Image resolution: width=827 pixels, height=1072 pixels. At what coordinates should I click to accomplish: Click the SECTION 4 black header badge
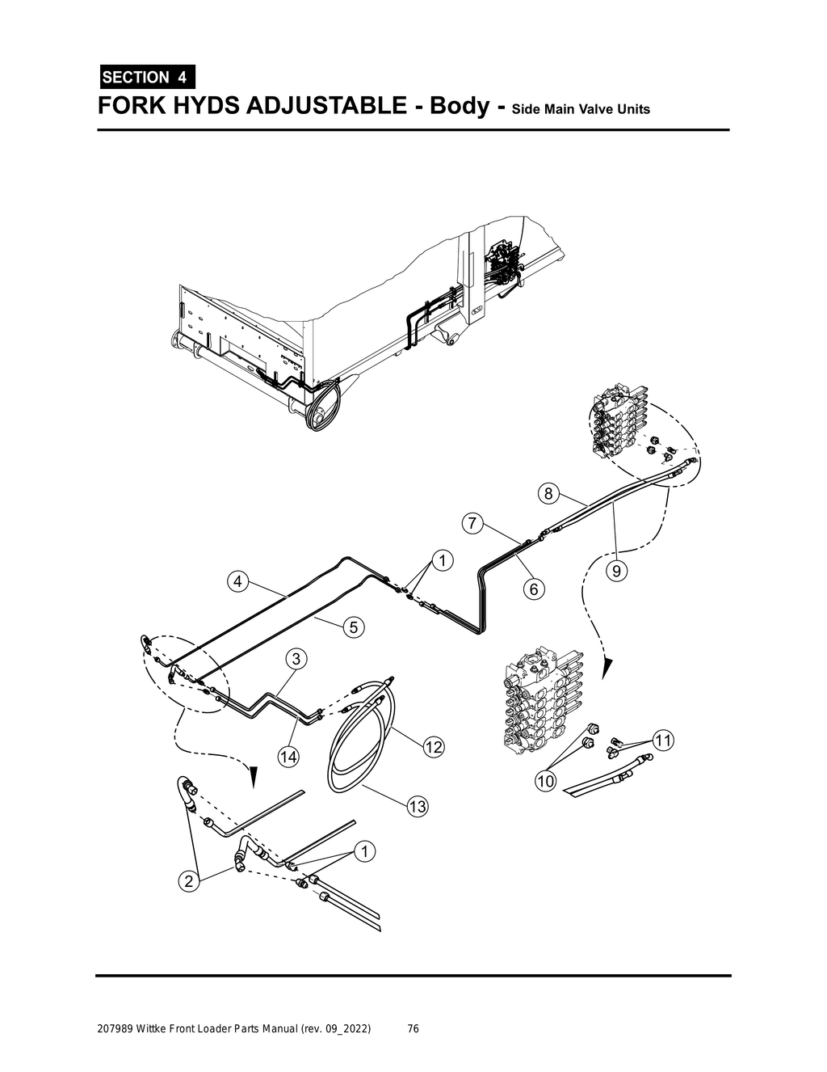[x=146, y=77]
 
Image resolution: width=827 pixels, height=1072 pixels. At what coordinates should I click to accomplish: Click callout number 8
[x=548, y=493]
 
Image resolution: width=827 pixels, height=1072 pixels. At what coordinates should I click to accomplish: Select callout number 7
[x=472, y=522]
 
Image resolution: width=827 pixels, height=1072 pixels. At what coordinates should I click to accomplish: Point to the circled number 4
[x=237, y=581]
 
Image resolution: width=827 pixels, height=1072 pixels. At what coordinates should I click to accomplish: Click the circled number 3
[x=296, y=659]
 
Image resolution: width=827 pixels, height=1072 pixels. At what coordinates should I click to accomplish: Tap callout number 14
[x=288, y=757]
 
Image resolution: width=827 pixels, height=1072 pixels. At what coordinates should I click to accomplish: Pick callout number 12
[x=434, y=746]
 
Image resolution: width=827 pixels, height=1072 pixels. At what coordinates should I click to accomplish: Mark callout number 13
[x=417, y=806]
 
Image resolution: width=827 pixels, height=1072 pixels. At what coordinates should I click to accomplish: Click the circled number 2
[x=189, y=881]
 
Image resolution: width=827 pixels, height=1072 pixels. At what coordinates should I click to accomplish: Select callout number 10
[x=545, y=781]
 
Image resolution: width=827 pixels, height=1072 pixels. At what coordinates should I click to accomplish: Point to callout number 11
[x=663, y=740]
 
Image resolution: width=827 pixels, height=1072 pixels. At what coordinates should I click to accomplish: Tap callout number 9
[x=615, y=572]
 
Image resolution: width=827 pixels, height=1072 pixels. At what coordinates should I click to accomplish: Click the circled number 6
[x=534, y=589]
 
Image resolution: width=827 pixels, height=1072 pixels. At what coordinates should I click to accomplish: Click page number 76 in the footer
[x=413, y=1029]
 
